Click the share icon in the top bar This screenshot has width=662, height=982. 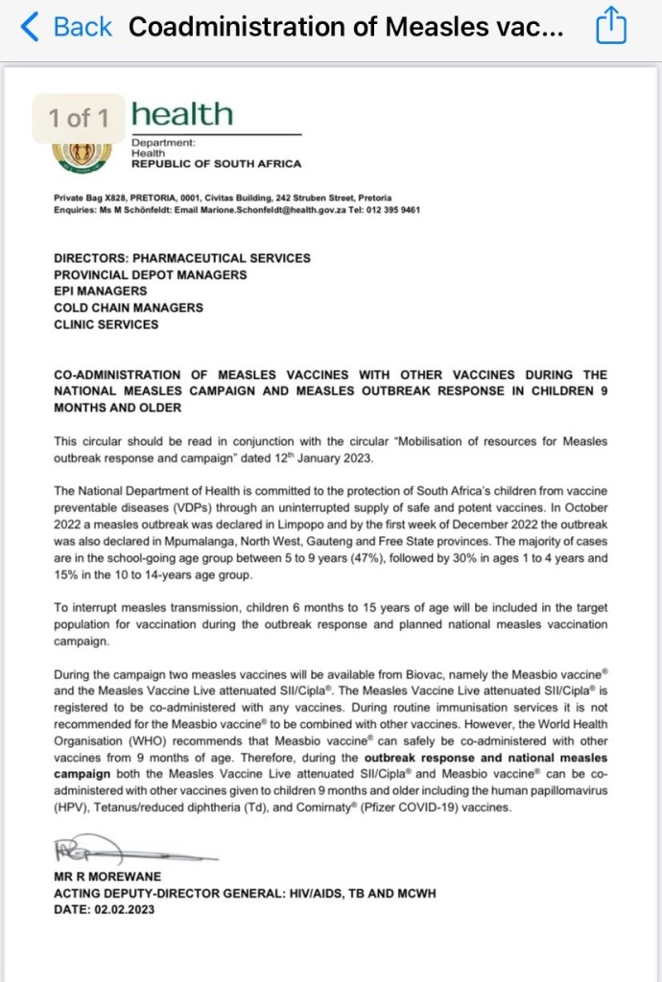pyautogui.click(x=610, y=27)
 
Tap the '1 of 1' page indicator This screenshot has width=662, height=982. pyautogui.click(x=79, y=118)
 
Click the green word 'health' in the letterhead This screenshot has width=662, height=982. pyautogui.click(x=182, y=115)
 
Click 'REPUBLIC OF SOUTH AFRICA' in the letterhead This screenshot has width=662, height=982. pyautogui.click(x=216, y=164)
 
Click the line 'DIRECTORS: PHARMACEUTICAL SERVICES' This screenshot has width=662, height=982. pyautogui.click(x=182, y=258)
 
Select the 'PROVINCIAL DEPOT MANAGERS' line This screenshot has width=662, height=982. pyautogui.click(x=151, y=274)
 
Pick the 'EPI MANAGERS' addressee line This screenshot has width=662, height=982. pyautogui.click(x=101, y=291)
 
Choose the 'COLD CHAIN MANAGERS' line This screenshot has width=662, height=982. pyautogui.click(x=129, y=307)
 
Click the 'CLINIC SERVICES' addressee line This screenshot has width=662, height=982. pyautogui.click(x=106, y=324)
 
